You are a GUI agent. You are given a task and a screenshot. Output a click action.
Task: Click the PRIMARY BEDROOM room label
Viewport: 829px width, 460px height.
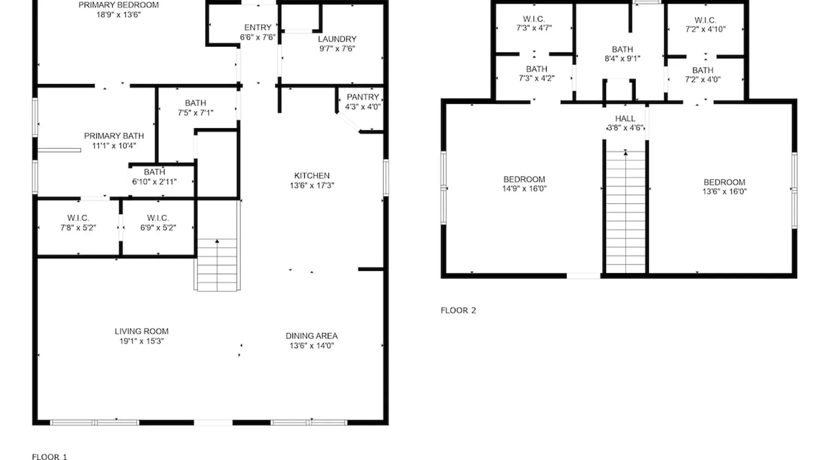(x=118, y=5)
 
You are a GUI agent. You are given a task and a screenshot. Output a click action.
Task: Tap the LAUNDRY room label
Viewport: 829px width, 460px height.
(x=337, y=39)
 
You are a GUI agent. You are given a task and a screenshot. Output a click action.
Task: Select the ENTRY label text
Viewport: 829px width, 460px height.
(x=258, y=28)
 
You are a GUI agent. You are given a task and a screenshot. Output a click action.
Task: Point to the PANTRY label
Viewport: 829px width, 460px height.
(x=363, y=97)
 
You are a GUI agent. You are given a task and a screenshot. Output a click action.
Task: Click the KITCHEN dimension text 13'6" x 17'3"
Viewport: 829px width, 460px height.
(x=312, y=185)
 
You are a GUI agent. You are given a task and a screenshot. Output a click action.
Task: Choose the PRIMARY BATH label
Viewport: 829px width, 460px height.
(x=114, y=136)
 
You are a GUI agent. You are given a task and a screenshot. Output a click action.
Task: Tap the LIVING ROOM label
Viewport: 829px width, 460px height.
(x=141, y=331)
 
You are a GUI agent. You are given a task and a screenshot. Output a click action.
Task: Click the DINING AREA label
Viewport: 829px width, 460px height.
(x=312, y=336)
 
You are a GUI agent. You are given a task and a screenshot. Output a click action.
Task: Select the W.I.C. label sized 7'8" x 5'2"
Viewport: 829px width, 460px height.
(x=78, y=218)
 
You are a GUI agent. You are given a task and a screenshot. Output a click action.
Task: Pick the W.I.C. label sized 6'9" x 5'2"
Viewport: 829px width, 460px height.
(x=158, y=218)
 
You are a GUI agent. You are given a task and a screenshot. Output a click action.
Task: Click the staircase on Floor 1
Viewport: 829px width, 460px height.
(x=217, y=265)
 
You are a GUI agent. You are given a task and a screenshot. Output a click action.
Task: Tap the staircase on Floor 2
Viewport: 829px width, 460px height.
(x=625, y=212)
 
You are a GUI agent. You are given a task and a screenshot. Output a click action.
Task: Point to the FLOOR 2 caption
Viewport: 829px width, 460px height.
(x=458, y=310)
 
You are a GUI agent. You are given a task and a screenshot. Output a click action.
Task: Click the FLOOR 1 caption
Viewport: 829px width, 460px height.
(x=49, y=457)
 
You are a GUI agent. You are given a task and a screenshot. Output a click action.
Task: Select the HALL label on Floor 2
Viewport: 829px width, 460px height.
(x=625, y=119)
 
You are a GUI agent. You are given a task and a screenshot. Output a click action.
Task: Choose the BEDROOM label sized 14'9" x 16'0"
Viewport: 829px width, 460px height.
(x=524, y=179)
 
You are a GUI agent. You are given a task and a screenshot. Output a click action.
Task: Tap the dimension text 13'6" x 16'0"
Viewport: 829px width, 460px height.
(x=724, y=192)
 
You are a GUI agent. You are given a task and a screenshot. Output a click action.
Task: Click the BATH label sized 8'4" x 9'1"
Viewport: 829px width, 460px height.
(x=623, y=49)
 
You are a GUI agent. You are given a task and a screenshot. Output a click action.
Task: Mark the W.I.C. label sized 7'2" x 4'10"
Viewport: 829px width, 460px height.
(x=706, y=20)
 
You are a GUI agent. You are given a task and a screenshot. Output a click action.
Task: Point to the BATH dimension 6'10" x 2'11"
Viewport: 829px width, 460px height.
(x=154, y=182)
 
